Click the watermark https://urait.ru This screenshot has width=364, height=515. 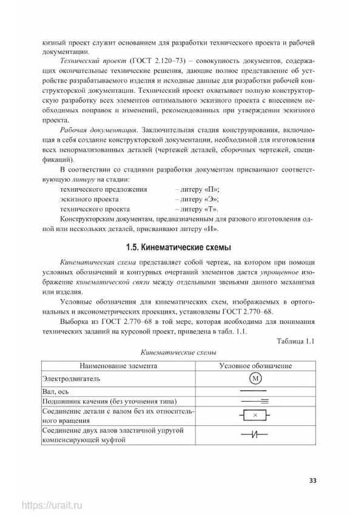pos(52,505)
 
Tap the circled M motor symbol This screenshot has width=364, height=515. pos(255,379)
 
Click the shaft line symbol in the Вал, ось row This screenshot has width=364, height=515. pos(255,391)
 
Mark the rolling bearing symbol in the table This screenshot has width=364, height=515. pos(255,402)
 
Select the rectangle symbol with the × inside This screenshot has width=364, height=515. pos(255,415)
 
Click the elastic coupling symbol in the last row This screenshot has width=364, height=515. pos(255,434)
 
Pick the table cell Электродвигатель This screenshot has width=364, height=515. pos(71,379)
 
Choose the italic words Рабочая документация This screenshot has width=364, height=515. pos(97,131)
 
